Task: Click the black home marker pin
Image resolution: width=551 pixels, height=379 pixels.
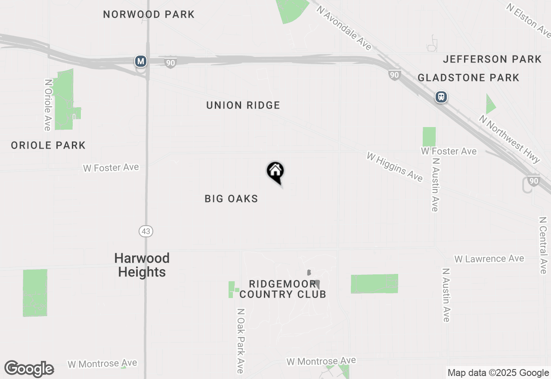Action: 275,172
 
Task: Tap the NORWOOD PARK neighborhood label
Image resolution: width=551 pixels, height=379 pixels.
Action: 149,15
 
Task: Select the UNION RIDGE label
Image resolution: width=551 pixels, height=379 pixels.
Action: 243,106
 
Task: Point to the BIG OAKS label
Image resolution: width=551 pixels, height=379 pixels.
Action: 231,199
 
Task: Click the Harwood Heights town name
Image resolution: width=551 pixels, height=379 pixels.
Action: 142,265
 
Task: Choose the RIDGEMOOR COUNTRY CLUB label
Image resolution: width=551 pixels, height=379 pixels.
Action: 282,289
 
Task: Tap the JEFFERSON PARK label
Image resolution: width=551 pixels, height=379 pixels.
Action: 492,59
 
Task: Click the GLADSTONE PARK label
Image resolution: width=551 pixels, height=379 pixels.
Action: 468,78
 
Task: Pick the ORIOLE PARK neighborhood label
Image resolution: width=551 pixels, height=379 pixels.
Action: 48,146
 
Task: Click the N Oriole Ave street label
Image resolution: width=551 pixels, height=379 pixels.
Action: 47,104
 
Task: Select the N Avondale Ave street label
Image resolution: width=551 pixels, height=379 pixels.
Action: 344,28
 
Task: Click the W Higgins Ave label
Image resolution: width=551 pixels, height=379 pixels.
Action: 394,167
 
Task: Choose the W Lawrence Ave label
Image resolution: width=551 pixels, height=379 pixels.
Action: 489,259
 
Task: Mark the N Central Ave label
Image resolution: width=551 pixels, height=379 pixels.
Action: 542,245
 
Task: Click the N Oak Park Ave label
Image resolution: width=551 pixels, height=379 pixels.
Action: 240,340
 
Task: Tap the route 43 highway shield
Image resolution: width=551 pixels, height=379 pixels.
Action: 146,231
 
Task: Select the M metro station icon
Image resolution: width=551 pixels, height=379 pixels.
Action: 140,61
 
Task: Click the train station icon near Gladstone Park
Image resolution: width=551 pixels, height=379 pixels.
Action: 441,97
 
